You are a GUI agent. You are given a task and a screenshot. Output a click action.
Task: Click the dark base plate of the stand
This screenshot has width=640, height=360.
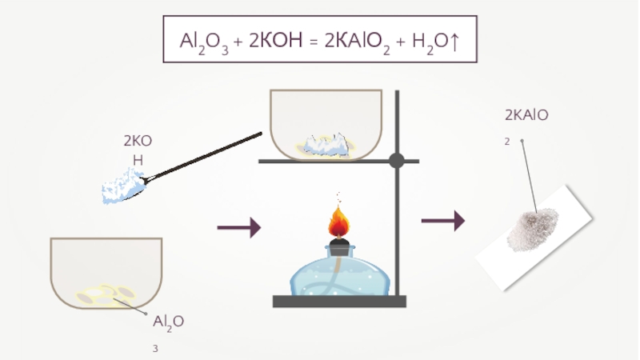[x=340, y=302]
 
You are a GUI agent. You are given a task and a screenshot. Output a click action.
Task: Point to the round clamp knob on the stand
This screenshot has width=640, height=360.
[x=396, y=161]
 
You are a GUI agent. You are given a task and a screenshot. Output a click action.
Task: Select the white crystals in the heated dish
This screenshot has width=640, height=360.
[x=325, y=144]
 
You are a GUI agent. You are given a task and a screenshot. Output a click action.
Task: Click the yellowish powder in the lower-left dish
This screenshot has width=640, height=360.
[x=105, y=294]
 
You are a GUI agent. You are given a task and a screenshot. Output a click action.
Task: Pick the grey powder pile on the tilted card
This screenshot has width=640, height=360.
[x=534, y=228]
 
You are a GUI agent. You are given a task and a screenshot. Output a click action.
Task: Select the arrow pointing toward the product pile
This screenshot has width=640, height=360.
[x=443, y=221]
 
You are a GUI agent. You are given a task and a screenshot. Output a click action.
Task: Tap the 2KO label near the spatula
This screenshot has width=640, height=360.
[x=137, y=142]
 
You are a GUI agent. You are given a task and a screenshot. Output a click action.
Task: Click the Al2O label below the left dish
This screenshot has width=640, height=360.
[x=169, y=322]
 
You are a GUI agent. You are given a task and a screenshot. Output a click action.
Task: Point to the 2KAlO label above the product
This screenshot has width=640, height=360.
[x=526, y=116]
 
